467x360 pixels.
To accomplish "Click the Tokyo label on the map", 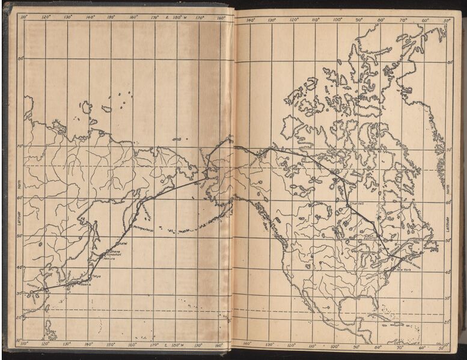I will point(96,276).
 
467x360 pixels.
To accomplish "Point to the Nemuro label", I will point(108,258).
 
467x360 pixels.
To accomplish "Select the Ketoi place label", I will point(121,243).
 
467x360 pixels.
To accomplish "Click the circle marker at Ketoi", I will point(116,244).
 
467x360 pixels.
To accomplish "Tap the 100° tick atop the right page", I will point(337,20).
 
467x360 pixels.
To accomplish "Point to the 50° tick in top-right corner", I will point(445,20).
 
